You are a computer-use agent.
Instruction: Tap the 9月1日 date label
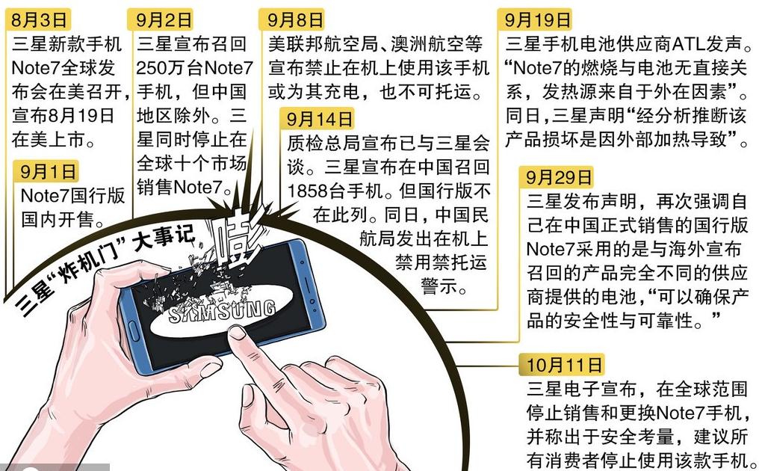click(x=48, y=172)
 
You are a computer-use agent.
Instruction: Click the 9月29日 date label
click(x=559, y=177)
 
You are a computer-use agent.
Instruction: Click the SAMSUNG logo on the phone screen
click(x=222, y=313)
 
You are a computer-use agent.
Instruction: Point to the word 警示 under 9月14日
click(x=444, y=286)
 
